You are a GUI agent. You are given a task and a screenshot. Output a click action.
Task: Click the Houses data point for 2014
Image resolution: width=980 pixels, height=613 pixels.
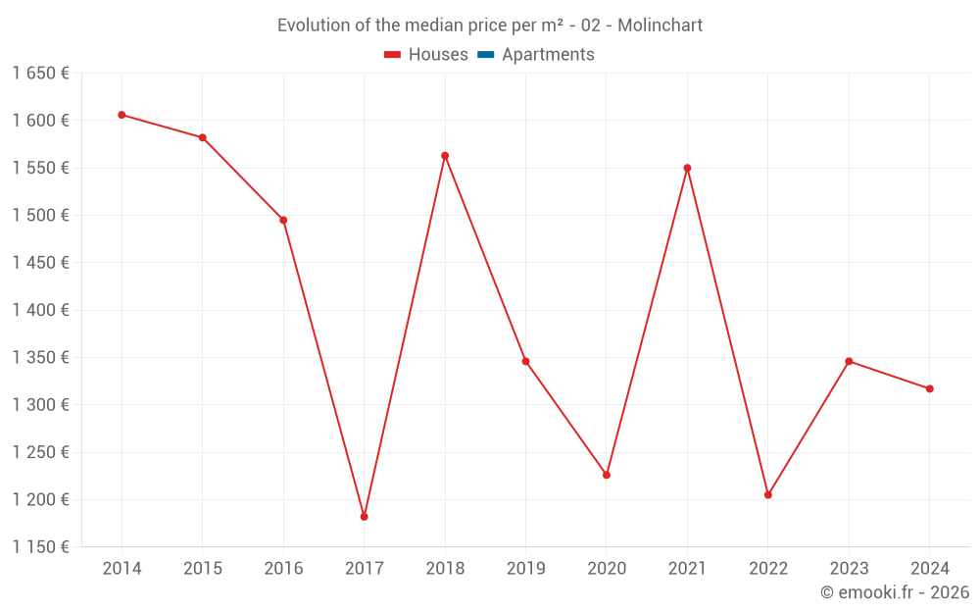coord(122,115)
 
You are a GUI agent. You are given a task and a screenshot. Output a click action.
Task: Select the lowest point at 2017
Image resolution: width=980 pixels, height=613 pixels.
coord(364,517)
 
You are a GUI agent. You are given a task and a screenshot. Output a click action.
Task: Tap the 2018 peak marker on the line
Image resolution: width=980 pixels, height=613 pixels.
coord(445,156)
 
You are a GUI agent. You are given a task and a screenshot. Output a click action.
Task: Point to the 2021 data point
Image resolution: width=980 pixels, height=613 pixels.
coord(687,168)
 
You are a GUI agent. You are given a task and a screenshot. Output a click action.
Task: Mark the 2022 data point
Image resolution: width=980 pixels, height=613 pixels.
coord(768,495)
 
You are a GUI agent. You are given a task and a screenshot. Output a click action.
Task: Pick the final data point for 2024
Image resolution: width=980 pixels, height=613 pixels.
coord(930,389)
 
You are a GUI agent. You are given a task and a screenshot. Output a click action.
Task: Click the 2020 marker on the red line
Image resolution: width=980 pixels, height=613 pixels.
coord(607,475)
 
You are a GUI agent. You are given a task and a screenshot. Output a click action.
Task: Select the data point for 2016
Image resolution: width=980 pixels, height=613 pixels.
coord(283,220)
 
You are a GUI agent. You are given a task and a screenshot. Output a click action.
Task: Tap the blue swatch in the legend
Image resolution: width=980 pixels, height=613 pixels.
coord(485,55)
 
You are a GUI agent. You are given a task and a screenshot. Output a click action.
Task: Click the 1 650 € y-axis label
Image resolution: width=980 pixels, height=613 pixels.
coord(40,73)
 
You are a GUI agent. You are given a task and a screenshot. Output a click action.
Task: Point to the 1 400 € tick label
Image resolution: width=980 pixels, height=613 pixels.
coord(40,310)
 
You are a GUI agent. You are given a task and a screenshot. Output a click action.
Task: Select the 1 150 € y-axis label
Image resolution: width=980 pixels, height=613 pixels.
coord(40,547)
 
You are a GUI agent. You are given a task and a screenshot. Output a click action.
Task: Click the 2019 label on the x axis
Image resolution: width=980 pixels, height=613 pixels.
coord(525,569)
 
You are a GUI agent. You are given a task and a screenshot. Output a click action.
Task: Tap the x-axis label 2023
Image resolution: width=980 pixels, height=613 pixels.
coord(849,569)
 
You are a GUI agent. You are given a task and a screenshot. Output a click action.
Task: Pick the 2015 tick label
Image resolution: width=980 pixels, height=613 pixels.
coord(202,569)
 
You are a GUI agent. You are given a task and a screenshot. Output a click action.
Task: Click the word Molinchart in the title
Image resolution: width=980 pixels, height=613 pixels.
coord(660,26)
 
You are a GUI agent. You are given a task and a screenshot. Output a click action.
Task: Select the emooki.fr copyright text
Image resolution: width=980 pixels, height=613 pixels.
coord(895,592)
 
